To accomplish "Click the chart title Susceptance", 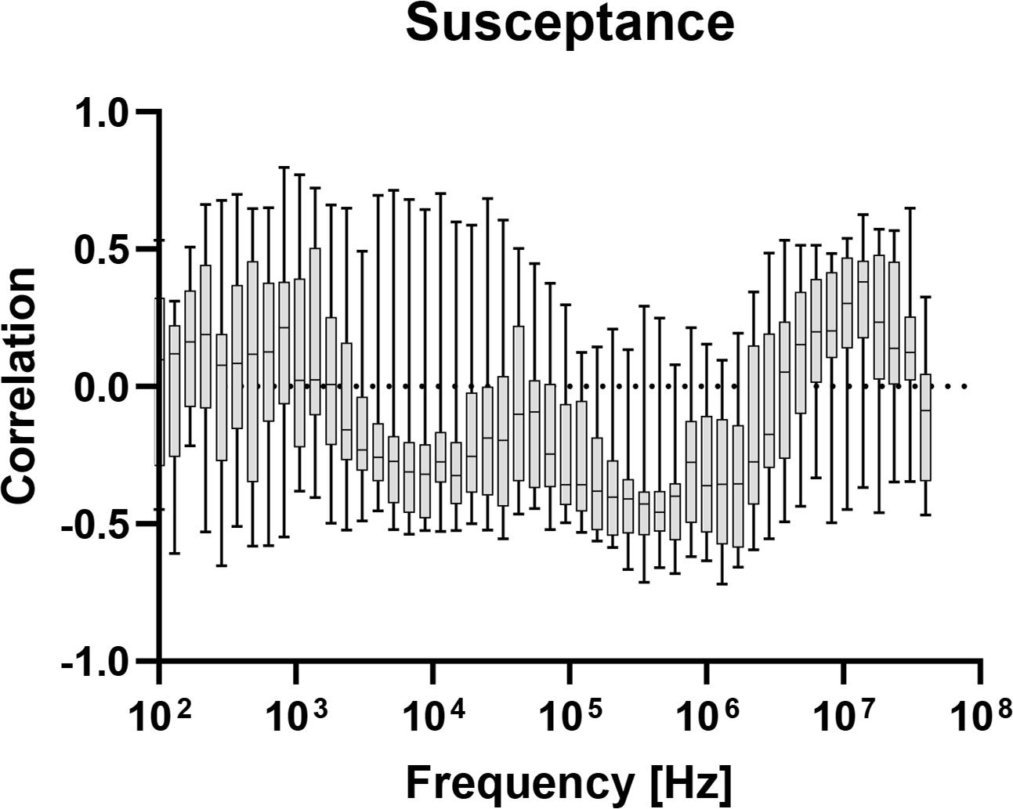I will [x=570, y=23].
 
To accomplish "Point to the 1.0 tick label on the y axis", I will [x=103, y=113].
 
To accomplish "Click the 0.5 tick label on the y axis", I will [x=103, y=250].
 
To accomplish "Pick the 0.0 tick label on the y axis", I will [x=103, y=387].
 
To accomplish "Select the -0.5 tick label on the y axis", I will [x=96, y=524].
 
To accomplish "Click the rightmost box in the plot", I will [x=925, y=427].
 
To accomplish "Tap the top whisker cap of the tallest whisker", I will [x=284, y=168].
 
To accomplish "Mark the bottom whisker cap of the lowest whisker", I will [x=722, y=583].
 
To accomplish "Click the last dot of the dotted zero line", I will [x=964, y=386].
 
